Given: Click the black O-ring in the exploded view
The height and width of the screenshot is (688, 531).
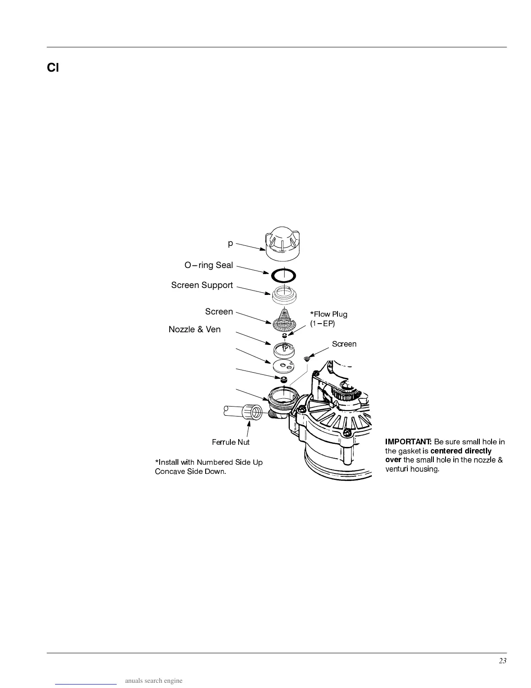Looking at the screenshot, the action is click(x=283, y=275).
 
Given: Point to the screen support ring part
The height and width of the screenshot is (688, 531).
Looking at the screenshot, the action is click(x=284, y=295).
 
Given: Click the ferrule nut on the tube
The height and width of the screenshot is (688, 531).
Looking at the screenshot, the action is click(x=252, y=411).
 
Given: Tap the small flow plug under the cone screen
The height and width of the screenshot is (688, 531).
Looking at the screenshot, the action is click(x=284, y=336).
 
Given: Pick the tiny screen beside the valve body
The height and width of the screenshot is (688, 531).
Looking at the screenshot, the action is click(x=307, y=359).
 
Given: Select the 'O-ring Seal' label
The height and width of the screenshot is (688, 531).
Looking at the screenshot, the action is click(x=209, y=265).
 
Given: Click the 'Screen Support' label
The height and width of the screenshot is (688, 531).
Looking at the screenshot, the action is click(x=202, y=285).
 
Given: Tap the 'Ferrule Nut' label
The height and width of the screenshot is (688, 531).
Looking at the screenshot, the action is click(x=230, y=442).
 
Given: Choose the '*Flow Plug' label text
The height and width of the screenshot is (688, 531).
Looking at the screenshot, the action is click(x=328, y=314).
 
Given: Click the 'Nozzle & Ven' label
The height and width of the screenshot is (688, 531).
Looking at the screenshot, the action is click(x=194, y=329).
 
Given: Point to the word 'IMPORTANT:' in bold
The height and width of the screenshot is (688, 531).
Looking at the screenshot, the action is click(x=408, y=442).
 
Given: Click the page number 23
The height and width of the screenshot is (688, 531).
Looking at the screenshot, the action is click(x=502, y=661).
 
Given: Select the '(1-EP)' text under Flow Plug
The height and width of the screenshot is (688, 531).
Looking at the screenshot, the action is click(x=322, y=324).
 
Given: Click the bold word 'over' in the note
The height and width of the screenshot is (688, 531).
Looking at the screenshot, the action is click(x=393, y=460).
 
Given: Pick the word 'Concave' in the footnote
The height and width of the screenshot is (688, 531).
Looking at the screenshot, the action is click(x=170, y=471).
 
